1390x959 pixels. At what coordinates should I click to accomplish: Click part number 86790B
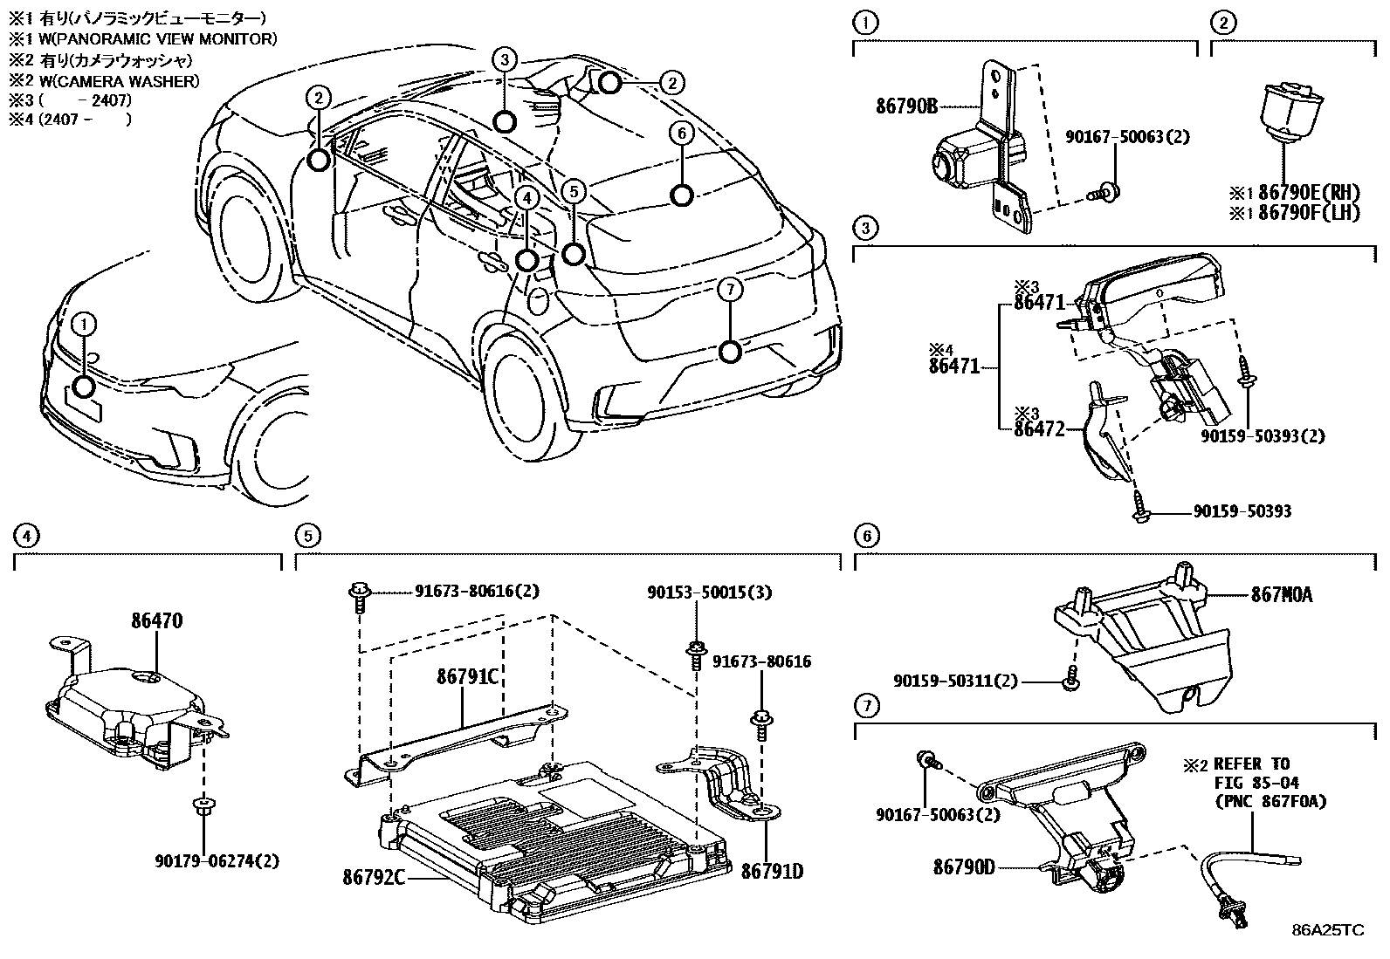click(905, 106)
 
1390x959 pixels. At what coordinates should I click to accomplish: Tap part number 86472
click(1040, 428)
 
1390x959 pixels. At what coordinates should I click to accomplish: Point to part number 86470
click(157, 621)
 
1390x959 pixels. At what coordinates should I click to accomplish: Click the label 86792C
click(373, 875)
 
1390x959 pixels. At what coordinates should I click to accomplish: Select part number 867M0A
click(1281, 596)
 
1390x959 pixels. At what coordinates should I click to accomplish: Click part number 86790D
click(964, 867)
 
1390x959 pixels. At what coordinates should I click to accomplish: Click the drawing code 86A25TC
click(1327, 930)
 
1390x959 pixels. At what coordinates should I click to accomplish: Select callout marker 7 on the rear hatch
click(731, 352)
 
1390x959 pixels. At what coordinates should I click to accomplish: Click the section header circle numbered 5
click(306, 536)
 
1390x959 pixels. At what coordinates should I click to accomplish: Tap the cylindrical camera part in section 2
click(1283, 109)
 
